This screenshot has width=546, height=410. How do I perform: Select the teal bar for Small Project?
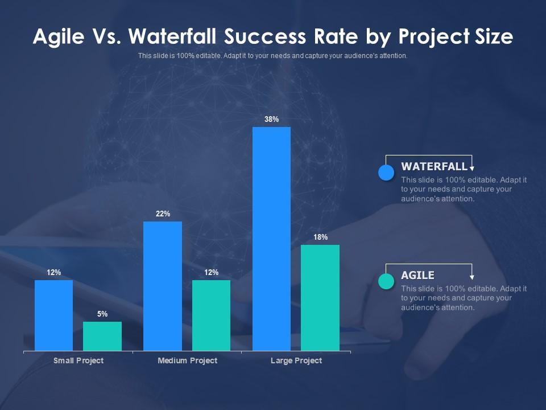(x=102, y=336)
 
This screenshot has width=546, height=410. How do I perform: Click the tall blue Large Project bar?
(x=271, y=239)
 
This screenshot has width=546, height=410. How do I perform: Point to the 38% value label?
(x=271, y=119)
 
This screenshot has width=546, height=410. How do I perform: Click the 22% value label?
(x=163, y=214)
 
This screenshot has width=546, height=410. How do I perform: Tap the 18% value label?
(x=320, y=237)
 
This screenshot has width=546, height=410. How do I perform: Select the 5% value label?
(x=102, y=314)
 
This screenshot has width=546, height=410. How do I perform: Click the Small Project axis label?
(x=78, y=360)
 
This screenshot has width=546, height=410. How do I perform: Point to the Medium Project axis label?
(x=187, y=360)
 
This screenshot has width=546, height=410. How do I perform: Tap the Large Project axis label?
(x=296, y=360)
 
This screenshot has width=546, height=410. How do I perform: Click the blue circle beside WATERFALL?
(x=386, y=173)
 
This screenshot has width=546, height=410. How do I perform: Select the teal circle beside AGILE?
(x=386, y=281)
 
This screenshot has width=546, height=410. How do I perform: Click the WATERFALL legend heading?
(x=434, y=166)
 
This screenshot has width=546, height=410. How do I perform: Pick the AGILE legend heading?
(x=417, y=275)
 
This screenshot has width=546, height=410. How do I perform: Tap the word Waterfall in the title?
(x=174, y=37)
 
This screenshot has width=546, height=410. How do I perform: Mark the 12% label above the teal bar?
(x=211, y=272)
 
